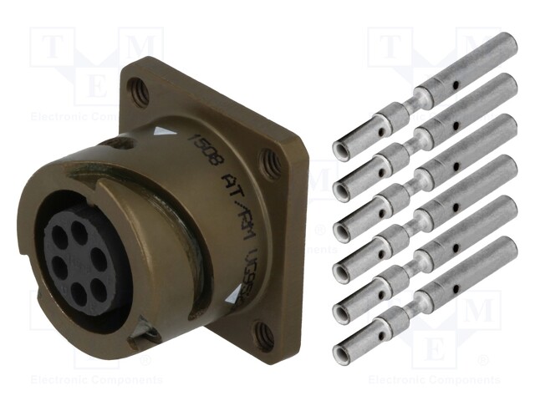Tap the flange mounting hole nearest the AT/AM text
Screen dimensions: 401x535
tap(266, 156)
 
